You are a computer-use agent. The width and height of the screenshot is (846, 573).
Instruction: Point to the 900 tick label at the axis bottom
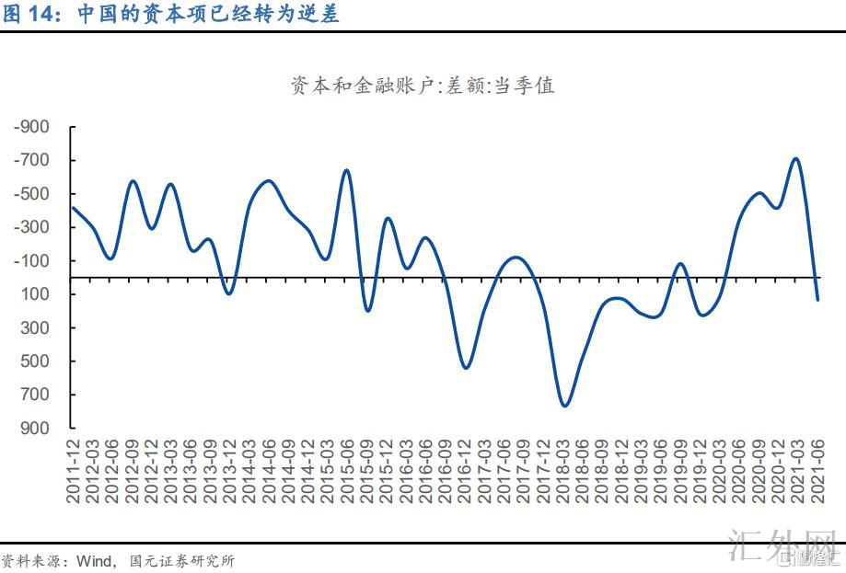pos(38,429)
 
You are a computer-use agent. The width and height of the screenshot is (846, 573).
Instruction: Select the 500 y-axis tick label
pos(38,361)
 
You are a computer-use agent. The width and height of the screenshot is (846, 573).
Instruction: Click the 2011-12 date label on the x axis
pos(73,470)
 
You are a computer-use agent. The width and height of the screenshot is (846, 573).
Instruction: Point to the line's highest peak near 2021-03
pos(795,158)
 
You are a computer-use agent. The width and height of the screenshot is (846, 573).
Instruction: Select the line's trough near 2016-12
pos(466,368)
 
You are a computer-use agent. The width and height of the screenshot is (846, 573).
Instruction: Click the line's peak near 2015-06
pos(347,170)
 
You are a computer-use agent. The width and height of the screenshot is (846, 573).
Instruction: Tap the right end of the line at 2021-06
pos(817,300)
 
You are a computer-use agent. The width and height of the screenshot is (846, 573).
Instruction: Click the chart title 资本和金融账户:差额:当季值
pos(422,86)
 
